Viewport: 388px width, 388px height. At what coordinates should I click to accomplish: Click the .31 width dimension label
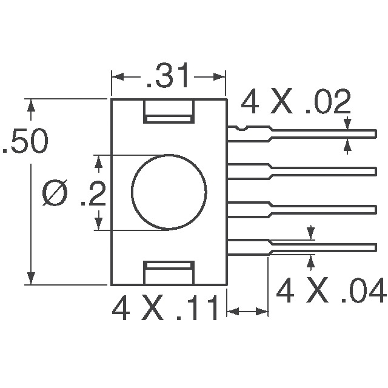[x=168, y=77]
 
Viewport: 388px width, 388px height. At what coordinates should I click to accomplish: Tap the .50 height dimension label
[x=24, y=144]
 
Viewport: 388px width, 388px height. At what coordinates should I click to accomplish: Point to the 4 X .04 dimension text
[x=330, y=292]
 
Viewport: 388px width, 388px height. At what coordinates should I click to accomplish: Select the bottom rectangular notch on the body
[x=169, y=272]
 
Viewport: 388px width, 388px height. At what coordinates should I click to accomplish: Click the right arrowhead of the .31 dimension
[x=220, y=77]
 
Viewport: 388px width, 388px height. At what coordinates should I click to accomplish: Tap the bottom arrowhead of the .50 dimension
[x=30, y=279]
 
